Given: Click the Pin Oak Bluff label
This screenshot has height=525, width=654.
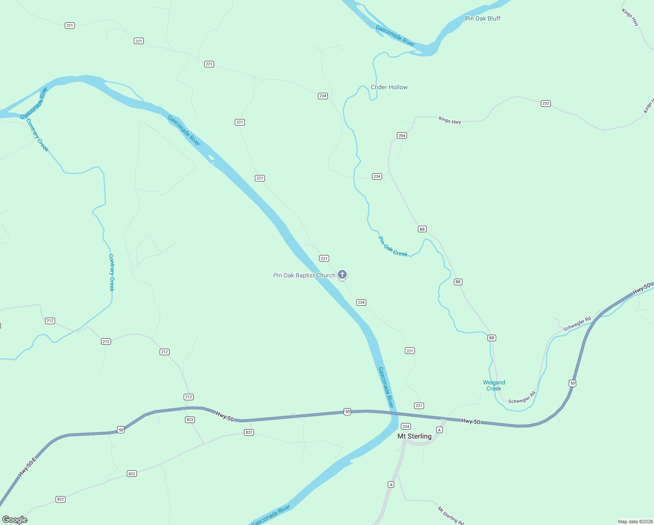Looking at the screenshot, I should [x=483, y=18].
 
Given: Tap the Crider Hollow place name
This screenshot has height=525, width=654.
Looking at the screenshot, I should [x=389, y=87].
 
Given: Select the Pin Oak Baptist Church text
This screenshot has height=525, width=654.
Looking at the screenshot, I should [x=304, y=275].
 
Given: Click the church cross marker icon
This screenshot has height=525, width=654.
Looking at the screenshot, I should [x=342, y=275].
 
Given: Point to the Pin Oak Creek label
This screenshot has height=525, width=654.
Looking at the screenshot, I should [x=393, y=247].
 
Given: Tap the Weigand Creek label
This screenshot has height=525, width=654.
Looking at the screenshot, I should [x=494, y=385].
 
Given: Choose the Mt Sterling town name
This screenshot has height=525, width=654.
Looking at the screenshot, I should [x=414, y=436].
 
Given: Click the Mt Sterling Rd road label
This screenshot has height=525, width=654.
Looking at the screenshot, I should [x=451, y=515].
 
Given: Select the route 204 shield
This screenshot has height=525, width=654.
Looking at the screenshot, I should [x=402, y=136].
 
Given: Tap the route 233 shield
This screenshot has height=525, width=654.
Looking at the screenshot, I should [x=546, y=104].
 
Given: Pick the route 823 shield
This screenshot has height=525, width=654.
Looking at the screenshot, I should [x=190, y=420].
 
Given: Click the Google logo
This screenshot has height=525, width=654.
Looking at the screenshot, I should [x=15, y=520].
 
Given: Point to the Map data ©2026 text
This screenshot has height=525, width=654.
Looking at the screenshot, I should [x=634, y=521].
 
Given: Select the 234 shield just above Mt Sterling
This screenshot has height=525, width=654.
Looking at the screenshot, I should [x=406, y=427].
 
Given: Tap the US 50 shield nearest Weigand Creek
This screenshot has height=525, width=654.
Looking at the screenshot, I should [x=573, y=383].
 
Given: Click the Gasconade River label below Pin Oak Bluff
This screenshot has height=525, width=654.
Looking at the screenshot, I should [x=395, y=36].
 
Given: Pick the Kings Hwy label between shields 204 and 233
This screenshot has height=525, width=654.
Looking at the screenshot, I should [x=450, y=120].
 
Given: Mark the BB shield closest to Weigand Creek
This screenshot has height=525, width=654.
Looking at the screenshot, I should [x=492, y=338].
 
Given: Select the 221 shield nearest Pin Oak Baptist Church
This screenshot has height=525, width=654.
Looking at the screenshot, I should [x=324, y=259].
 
